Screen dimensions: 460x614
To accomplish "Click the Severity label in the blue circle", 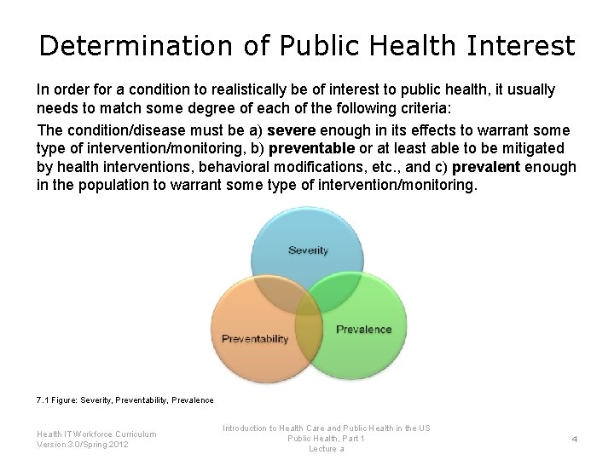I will [308, 250].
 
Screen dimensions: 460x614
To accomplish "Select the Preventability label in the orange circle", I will [255, 339].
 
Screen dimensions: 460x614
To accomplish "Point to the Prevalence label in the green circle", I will [364, 329].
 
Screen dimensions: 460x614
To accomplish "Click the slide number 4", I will [575, 439].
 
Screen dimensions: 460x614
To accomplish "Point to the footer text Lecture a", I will [326, 448].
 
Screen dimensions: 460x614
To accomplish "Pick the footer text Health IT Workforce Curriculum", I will [96, 434].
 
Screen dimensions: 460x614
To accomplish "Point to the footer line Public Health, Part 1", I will [326, 438].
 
